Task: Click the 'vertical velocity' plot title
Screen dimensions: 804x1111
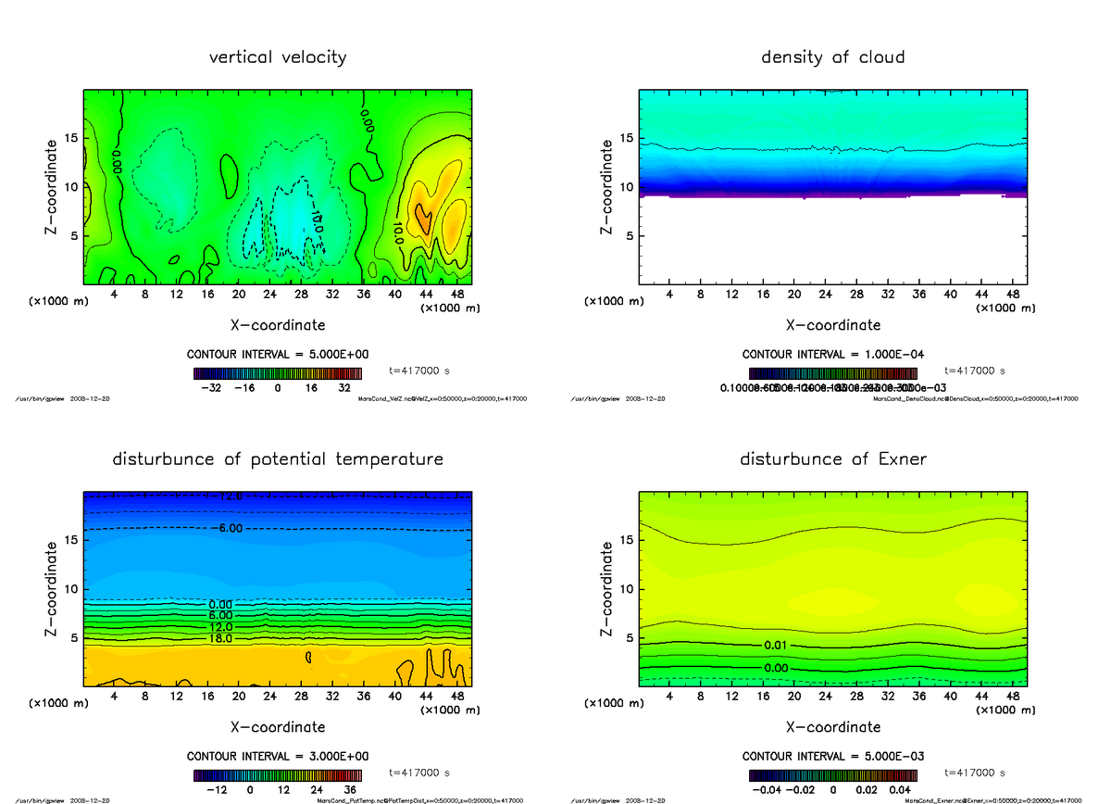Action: coord(278,57)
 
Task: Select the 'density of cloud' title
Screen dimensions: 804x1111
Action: coord(832,57)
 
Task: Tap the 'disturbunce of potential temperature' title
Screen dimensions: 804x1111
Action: coord(278,459)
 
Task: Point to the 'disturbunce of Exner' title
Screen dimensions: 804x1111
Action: coord(832,459)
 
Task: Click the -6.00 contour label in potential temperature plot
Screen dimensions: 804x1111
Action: coord(226,528)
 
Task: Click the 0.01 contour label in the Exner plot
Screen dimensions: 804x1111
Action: coord(777,645)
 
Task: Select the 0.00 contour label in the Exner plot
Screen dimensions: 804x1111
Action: coord(777,667)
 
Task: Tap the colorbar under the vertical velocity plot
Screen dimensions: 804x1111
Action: coord(278,373)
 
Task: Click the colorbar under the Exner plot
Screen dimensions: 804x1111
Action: coord(832,774)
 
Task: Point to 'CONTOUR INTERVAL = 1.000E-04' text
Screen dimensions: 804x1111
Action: coord(833,354)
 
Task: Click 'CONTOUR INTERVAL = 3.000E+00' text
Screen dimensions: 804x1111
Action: coord(278,756)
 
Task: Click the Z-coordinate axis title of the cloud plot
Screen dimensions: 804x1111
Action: coord(607,186)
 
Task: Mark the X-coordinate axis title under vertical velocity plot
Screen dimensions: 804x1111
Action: coord(278,325)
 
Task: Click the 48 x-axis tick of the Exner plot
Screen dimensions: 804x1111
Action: coord(1013,696)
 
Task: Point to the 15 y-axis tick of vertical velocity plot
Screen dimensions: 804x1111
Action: coord(72,138)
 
